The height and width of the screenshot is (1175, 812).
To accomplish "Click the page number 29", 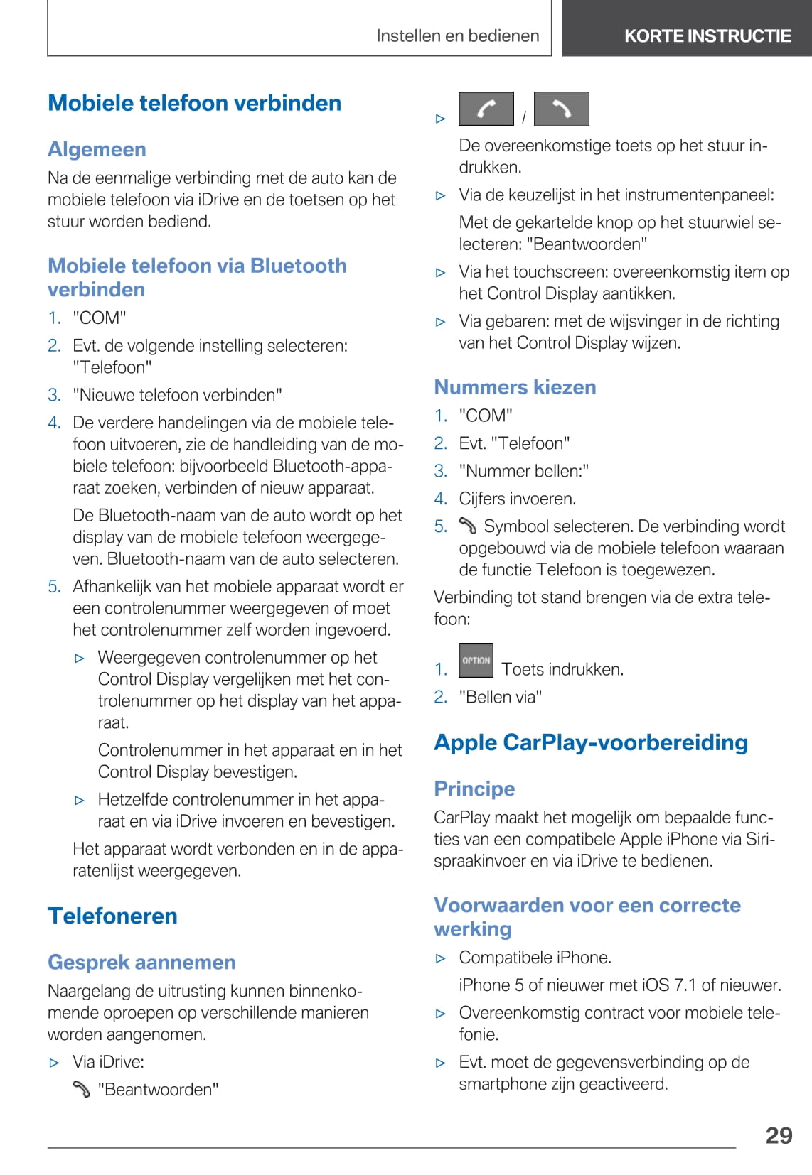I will [x=779, y=1135].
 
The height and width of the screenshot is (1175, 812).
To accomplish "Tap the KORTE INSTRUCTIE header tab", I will [x=707, y=36].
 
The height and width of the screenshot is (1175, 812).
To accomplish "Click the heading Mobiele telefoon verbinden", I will [x=194, y=103].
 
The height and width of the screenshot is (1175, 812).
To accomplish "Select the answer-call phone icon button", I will [x=486, y=109].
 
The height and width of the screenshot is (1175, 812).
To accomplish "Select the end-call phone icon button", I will [x=561, y=109].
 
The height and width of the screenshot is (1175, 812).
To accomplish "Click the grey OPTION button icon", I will [x=476, y=661].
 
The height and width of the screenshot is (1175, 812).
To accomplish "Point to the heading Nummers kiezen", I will [x=515, y=387].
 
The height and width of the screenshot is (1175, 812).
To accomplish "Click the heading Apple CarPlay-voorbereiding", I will [x=590, y=742].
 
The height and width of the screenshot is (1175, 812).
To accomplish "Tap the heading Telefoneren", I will [x=112, y=916].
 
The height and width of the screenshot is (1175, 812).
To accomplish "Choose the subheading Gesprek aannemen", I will [x=141, y=962].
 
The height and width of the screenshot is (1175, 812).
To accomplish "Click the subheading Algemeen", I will [x=97, y=149].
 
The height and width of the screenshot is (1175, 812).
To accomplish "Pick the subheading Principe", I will [x=474, y=789].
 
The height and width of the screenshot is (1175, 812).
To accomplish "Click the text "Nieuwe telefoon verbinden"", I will [x=177, y=395].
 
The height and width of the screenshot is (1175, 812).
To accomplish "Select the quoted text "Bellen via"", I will [x=500, y=697].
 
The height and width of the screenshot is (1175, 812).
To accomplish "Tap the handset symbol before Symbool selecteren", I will [x=467, y=526].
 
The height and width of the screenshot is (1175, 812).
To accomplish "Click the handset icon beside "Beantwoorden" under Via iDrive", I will [x=81, y=1089].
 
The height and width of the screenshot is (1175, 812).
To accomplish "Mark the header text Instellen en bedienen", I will [x=457, y=36].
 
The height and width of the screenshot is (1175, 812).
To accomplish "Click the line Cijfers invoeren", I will [x=517, y=499].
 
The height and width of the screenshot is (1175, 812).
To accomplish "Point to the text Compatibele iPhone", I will [x=535, y=958].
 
